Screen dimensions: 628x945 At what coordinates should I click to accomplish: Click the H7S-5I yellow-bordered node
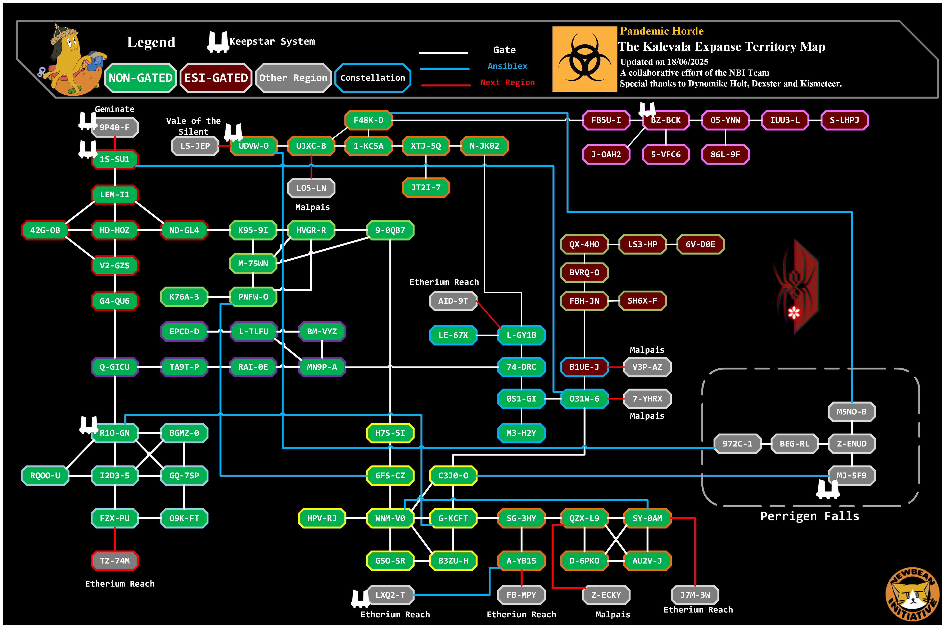pyautogui.click(x=390, y=433)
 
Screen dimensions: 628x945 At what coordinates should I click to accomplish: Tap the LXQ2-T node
pyautogui.click(x=390, y=595)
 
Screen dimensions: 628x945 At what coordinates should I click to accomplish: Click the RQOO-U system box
pyautogui.click(x=45, y=475)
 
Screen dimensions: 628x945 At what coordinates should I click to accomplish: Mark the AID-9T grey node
pyautogui.click(x=453, y=301)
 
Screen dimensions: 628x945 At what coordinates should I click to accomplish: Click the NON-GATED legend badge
pyautogui.click(x=140, y=78)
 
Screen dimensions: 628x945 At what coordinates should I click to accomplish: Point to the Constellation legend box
pyautogui.click(x=373, y=78)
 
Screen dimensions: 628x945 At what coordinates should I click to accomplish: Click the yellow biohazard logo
pyautogui.click(x=584, y=59)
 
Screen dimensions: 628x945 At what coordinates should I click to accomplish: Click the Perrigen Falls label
pyautogui.click(x=809, y=516)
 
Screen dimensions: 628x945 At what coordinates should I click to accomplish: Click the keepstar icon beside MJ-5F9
pyautogui.click(x=827, y=489)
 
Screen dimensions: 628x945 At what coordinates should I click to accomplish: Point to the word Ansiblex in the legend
pyautogui.click(x=507, y=66)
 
